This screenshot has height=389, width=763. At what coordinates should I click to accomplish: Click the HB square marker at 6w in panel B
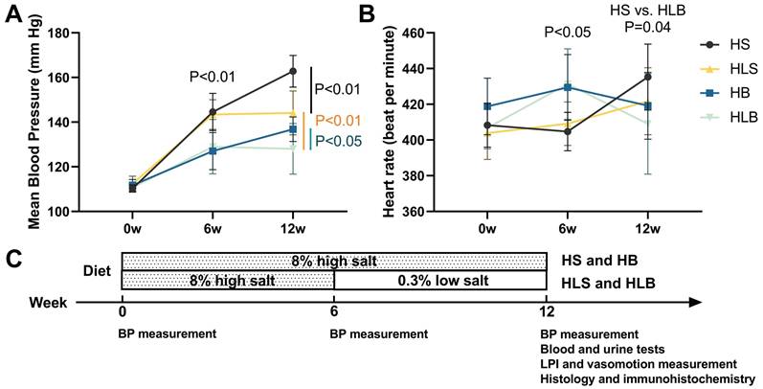pos(568,87)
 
